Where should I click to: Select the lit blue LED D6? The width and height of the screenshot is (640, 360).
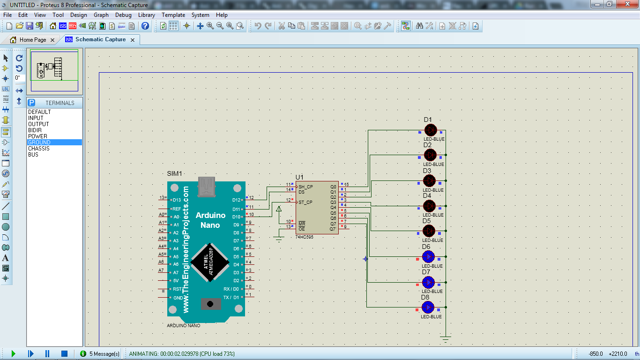[428, 257]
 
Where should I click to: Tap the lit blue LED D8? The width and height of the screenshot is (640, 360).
[428, 307]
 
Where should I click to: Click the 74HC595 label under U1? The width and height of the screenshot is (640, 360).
[304, 237]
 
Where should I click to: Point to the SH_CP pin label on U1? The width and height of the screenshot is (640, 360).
[306, 187]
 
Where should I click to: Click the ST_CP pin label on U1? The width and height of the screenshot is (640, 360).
[305, 202]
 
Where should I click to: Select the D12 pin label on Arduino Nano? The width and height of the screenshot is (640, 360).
[236, 200]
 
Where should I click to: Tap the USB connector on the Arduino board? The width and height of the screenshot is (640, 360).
[207, 187]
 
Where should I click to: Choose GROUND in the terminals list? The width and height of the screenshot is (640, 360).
[39, 142]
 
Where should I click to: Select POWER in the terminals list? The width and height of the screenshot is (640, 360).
[37, 136]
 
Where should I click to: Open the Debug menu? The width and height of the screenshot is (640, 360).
[123, 15]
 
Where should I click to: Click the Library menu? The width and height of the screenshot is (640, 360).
[147, 15]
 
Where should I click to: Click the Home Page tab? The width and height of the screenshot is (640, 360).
[32, 40]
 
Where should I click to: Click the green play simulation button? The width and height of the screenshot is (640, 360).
[13, 353]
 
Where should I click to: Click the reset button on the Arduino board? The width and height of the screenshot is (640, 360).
[211, 304]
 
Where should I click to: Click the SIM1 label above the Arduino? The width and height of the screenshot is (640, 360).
[174, 173]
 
